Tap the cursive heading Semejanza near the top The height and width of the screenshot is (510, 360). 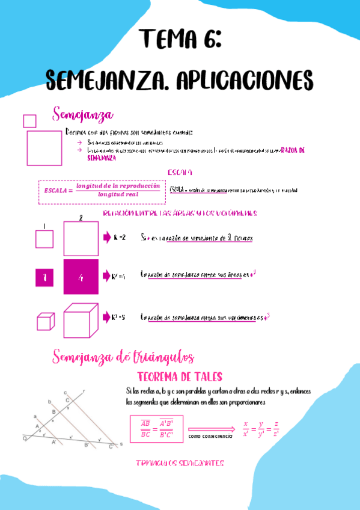coord(83,114)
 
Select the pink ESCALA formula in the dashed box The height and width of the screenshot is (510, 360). coord(102,190)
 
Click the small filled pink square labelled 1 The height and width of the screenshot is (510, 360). coord(44,277)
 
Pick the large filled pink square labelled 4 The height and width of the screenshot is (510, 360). coord(81,277)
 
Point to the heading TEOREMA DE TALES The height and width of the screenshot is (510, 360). coord(180,377)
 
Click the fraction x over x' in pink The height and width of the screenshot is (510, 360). coord(245,428)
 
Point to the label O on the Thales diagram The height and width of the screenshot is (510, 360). coord(25,439)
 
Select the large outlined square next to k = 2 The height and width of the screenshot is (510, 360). coord(81,239)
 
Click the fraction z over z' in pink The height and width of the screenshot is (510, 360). coord(275,428)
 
